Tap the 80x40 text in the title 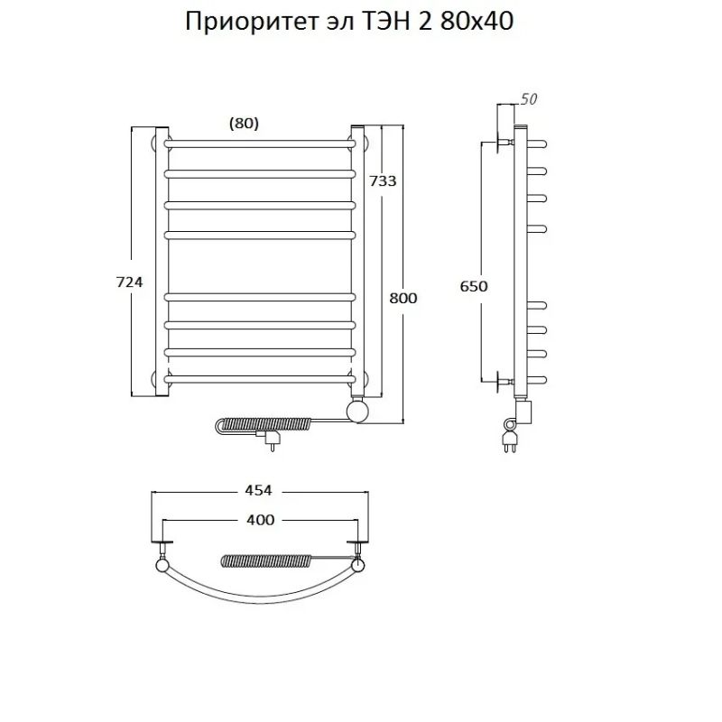tap(478, 23)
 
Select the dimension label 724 tap(130, 282)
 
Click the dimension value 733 tap(383, 180)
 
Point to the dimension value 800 tap(403, 298)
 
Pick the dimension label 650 tap(475, 286)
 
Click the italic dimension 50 tap(529, 100)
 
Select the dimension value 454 tap(258, 490)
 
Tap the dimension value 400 tap(259, 520)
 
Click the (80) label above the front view tap(244, 125)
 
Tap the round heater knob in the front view tap(358, 411)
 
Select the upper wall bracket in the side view tap(499, 143)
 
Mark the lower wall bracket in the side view tap(499, 380)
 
